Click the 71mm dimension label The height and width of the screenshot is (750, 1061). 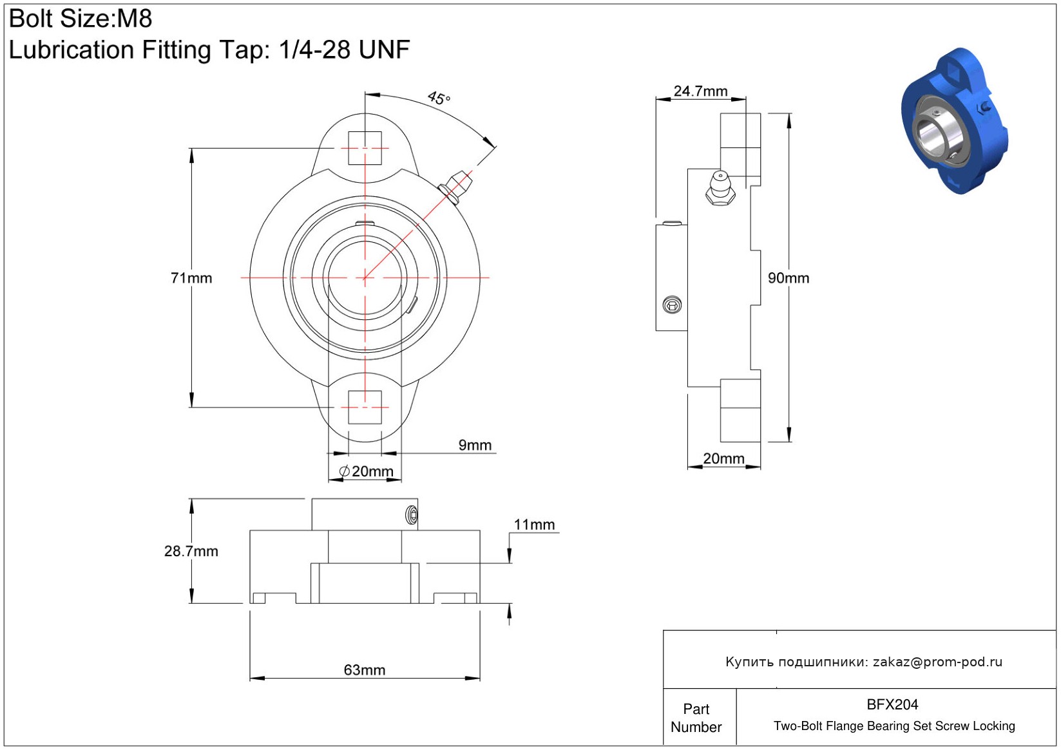click(x=191, y=278)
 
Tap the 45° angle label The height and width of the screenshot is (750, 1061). click(x=439, y=98)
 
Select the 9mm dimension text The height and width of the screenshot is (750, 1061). click(x=475, y=445)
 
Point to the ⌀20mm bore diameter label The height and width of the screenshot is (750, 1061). click(x=366, y=471)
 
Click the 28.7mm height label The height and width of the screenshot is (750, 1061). click(x=191, y=551)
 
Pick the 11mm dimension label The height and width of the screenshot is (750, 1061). click(x=534, y=525)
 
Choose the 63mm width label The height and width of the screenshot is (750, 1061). click(x=364, y=670)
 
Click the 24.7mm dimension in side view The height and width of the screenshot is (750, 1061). click(x=700, y=91)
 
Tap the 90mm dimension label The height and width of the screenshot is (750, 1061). click(x=789, y=278)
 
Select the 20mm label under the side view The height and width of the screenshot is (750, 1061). click(x=723, y=458)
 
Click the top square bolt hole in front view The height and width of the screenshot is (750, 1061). click(x=365, y=148)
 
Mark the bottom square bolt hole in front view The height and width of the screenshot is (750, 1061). click(x=365, y=408)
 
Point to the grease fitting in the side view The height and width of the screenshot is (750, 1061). click(x=720, y=188)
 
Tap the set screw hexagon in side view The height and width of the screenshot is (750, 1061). click(x=672, y=305)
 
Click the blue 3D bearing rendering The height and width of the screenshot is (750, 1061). click(x=955, y=122)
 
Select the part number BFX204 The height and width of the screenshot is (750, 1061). click(x=892, y=704)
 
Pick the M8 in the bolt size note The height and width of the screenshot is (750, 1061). click(x=135, y=19)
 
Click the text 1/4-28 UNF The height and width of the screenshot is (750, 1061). click(x=345, y=49)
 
